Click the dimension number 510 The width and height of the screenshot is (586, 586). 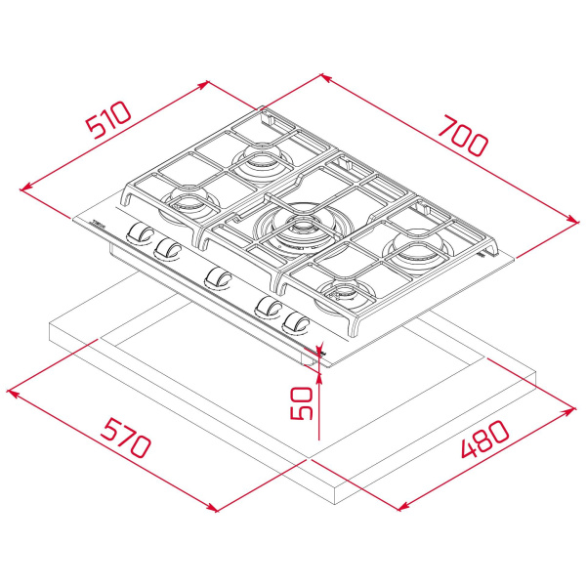pos(107,123)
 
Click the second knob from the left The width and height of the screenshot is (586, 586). pos(167,248)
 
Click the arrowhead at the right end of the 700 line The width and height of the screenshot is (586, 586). pos(574,224)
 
